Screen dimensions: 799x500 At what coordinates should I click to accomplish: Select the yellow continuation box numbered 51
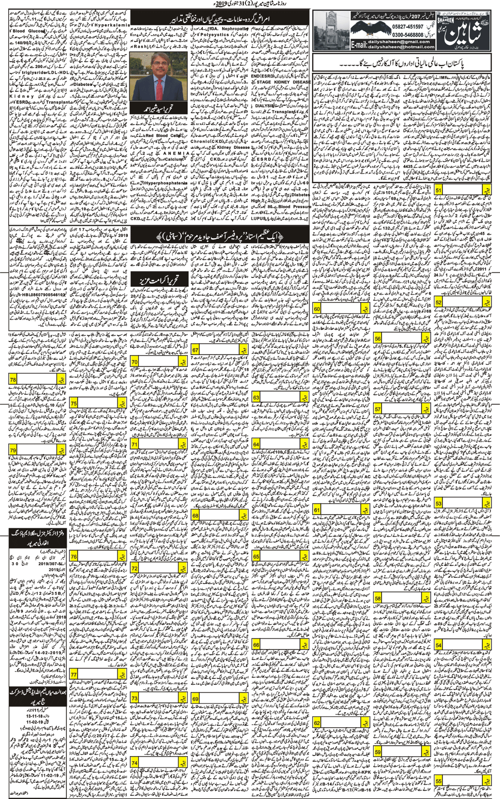pyautogui.click(x=438, y=191)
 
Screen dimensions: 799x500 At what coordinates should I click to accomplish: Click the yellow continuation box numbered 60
pyautogui.click(x=317, y=309)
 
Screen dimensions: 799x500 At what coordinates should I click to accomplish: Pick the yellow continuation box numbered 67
pyautogui.click(x=195, y=350)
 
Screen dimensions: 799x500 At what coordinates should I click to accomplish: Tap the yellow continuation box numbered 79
pyautogui.click(x=13, y=451)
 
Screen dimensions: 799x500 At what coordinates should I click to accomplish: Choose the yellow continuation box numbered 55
pyautogui.click(x=438, y=781)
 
